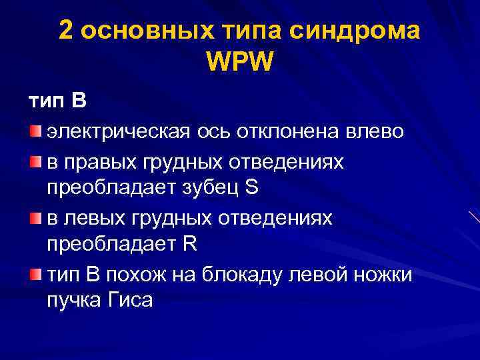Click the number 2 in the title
(x=66, y=31)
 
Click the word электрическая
(x=119, y=131)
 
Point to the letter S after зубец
(x=251, y=187)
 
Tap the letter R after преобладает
(x=189, y=243)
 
